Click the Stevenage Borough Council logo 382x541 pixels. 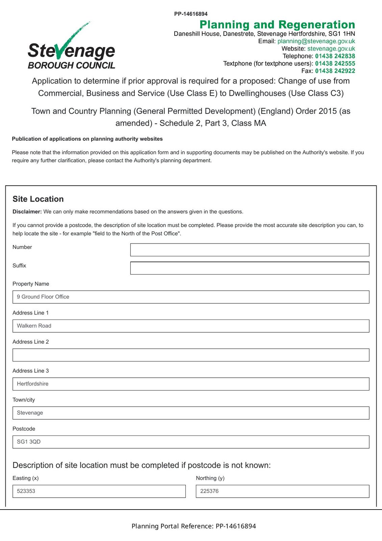click(x=71, y=47)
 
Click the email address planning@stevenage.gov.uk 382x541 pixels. click(x=316, y=41)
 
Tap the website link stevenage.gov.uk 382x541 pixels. click(x=331, y=49)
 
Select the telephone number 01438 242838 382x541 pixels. click(x=335, y=56)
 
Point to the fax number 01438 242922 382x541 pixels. click(x=335, y=71)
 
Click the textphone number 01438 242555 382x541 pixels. click(x=335, y=64)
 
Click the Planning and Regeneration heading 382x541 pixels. click(x=277, y=25)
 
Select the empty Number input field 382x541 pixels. click(x=250, y=250)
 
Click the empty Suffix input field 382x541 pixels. click(x=250, y=268)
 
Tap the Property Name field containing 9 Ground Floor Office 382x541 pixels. click(x=191, y=297)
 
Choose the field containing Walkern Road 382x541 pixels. click(x=191, y=326)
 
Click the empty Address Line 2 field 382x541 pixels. click(x=191, y=355)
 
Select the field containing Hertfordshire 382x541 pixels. click(x=191, y=384)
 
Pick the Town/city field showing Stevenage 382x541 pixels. click(x=191, y=413)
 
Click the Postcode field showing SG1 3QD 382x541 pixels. click(x=191, y=442)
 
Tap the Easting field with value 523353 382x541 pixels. click(x=99, y=491)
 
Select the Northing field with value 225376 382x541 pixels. click(x=282, y=491)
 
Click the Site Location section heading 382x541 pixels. click(x=38, y=199)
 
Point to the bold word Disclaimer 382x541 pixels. click(x=27, y=212)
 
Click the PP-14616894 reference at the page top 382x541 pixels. click(x=191, y=14)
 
